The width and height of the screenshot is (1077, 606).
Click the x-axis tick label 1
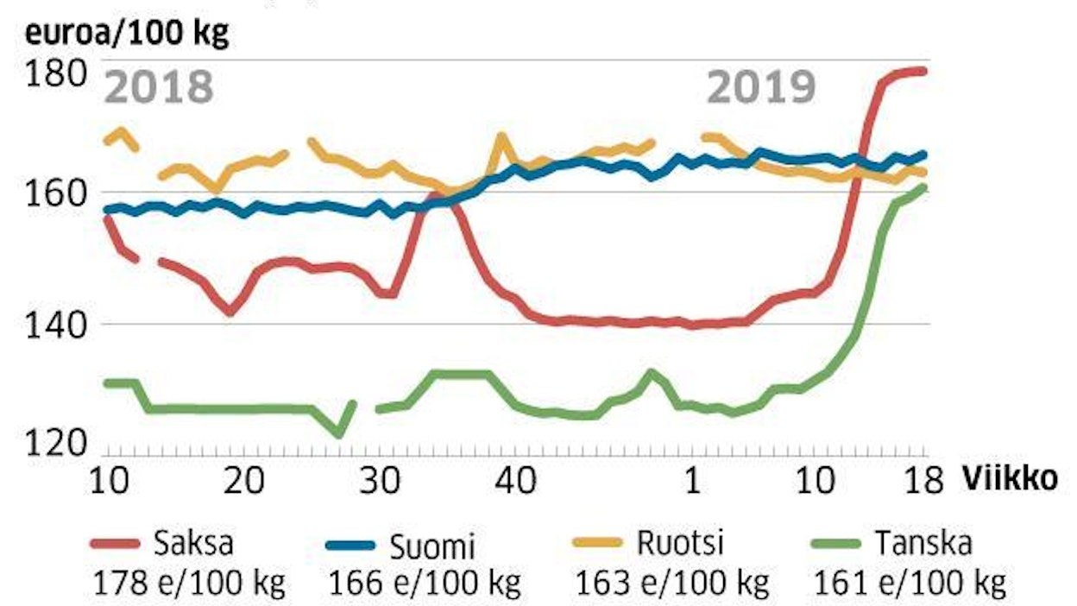[691, 481]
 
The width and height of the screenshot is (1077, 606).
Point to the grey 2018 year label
[160, 87]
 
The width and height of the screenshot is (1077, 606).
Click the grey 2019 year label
[761, 87]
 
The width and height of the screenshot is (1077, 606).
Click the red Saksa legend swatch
[114, 544]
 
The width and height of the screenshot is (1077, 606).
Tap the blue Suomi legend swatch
[350, 544]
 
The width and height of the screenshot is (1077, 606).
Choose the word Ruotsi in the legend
[679, 544]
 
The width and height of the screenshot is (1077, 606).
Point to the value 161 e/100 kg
[910, 584]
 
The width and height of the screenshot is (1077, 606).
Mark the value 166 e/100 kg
[425, 584]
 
